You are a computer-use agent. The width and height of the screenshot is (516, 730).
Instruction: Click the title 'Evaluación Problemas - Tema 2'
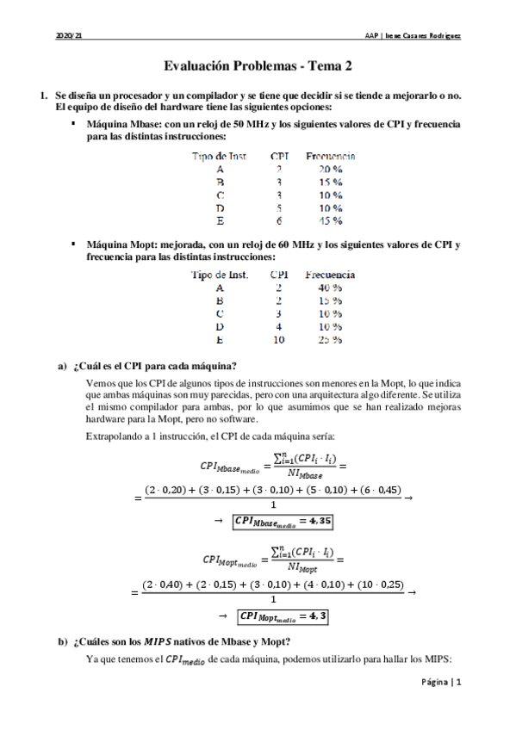[x=258, y=65]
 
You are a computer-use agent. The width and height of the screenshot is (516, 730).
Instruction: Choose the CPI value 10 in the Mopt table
[x=279, y=339]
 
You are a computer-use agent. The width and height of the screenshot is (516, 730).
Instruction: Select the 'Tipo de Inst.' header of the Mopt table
[x=220, y=275]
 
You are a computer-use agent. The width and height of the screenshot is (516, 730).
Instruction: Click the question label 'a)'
[x=62, y=365]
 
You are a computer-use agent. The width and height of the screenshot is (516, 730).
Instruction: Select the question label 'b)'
[x=62, y=640]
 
